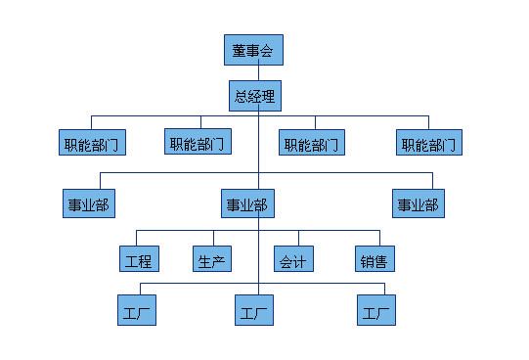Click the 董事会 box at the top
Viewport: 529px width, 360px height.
(x=252, y=50)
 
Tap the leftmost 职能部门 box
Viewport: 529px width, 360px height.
(x=90, y=144)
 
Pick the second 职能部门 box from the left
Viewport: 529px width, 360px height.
(x=198, y=143)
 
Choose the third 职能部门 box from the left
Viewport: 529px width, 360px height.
(x=312, y=144)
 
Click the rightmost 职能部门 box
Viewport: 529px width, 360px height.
(x=429, y=144)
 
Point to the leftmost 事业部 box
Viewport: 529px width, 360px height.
(x=88, y=204)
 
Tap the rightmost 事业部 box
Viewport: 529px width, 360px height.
(x=417, y=204)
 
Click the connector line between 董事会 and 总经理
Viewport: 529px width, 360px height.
(x=257, y=72)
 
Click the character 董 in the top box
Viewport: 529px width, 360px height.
(x=239, y=50)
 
